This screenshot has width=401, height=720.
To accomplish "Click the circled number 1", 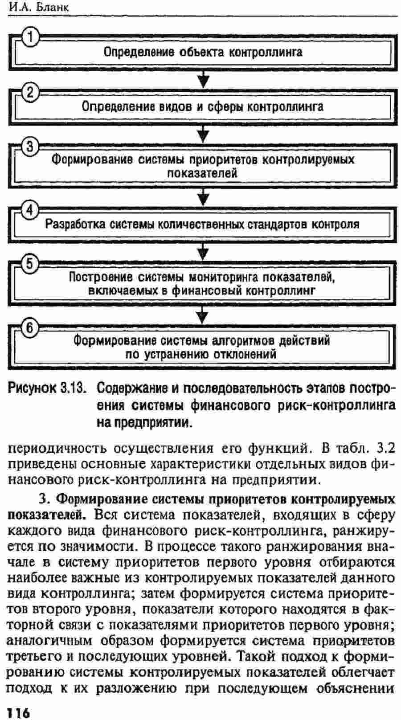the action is coord(29,37).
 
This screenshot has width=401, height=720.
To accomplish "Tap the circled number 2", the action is coord(29,92).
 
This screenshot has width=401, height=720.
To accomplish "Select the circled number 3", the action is coord(29,147).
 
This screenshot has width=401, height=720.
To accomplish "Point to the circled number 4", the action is coord(29,211).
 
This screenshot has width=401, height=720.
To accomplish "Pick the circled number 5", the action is coord(29,264).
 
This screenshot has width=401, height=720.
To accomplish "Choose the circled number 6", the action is coord(29,328).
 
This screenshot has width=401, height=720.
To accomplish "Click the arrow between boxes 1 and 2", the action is coord(203,79).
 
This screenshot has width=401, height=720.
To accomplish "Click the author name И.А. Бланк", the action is coord(39,7).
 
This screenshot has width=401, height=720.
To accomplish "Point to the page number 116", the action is coord(18,712).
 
